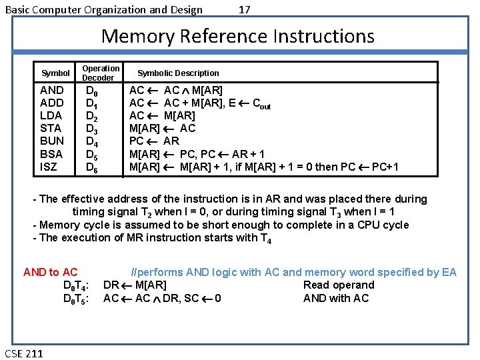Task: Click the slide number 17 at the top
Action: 245,9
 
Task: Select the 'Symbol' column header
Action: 55,73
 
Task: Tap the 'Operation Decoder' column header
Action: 101,73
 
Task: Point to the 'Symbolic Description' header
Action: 178,73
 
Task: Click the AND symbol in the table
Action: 52,90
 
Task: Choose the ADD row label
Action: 52,103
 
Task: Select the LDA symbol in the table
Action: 52,115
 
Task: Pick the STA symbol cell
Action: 51,128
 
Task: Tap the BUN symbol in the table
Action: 52,141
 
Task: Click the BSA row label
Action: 51,154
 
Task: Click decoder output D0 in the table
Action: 92,91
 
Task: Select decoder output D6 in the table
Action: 92,167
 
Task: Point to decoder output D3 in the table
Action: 92,129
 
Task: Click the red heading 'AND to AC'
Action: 50,272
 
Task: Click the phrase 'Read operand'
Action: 339,285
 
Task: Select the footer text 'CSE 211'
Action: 23,353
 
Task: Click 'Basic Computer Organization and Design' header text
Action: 104,9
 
